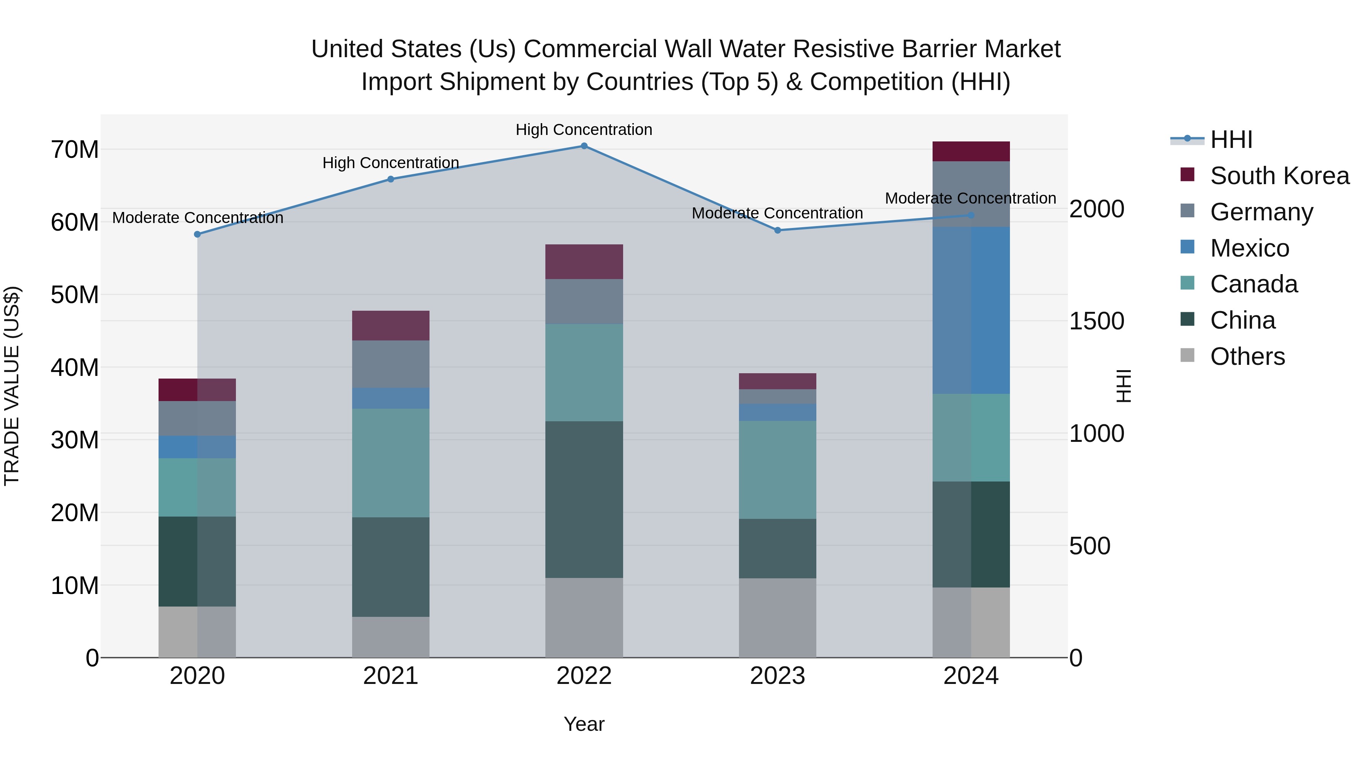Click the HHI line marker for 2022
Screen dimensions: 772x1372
coord(584,146)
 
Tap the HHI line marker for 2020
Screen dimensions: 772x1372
coord(197,234)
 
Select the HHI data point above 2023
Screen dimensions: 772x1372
coord(777,230)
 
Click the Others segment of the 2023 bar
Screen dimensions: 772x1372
coord(777,618)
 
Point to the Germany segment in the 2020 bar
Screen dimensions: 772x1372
coord(197,418)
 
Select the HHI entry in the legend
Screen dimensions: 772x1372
coord(1231,140)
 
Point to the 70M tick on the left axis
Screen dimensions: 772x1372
coord(75,150)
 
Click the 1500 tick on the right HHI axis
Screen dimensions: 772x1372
coord(1096,321)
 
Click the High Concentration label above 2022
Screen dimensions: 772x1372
coord(584,130)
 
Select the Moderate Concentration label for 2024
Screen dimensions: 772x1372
coord(970,198)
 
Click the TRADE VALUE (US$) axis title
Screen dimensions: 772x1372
coord(12,386)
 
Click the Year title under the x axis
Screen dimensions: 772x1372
coord(584,724)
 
